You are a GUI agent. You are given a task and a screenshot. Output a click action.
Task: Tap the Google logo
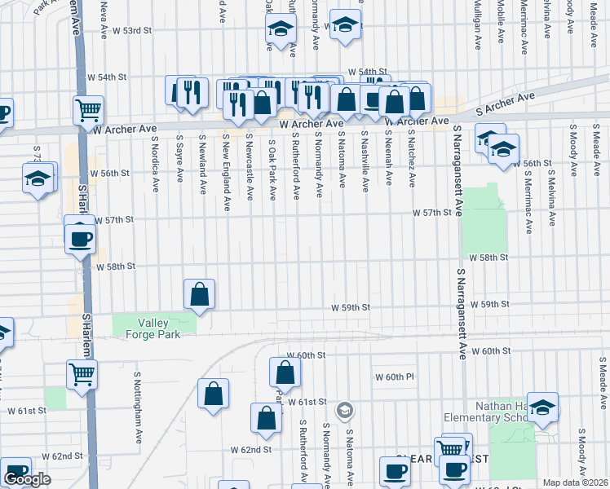click(27, 480)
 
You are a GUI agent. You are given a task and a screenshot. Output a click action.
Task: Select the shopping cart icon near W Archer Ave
click(88, 108)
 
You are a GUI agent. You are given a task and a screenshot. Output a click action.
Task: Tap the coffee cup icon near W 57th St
click(80, 238)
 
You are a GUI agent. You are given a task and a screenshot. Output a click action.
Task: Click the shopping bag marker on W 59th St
click(200, 293)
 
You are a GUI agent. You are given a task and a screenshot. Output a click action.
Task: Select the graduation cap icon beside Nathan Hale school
click(542, 409)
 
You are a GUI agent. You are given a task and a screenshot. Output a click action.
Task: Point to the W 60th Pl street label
click(396, 377)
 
